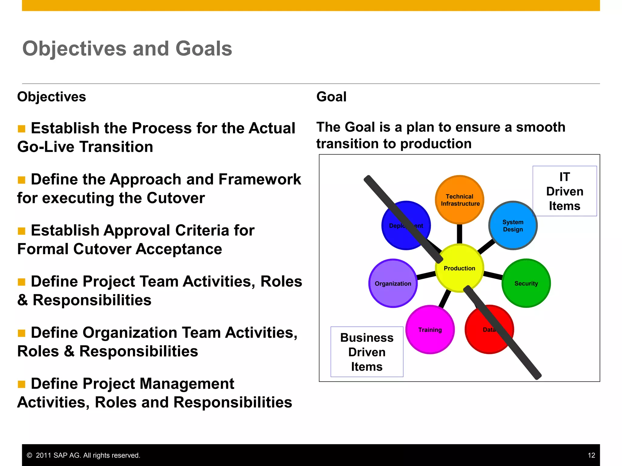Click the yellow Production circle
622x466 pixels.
459,268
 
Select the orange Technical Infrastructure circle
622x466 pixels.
460,200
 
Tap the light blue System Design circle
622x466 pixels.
513,225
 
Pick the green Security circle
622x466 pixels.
526,283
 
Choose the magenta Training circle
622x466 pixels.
430,329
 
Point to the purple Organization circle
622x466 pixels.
393,283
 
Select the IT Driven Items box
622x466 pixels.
565,191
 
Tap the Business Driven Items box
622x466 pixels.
367,352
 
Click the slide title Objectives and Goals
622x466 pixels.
127,49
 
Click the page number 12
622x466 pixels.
591,455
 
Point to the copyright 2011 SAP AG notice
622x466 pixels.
84,455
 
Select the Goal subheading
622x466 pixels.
331,97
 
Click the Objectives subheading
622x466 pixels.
52,97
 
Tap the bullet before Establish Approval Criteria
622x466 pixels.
22,231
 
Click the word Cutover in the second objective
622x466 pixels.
176,198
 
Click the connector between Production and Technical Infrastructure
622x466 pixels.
460,234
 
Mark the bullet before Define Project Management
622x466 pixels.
22,384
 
